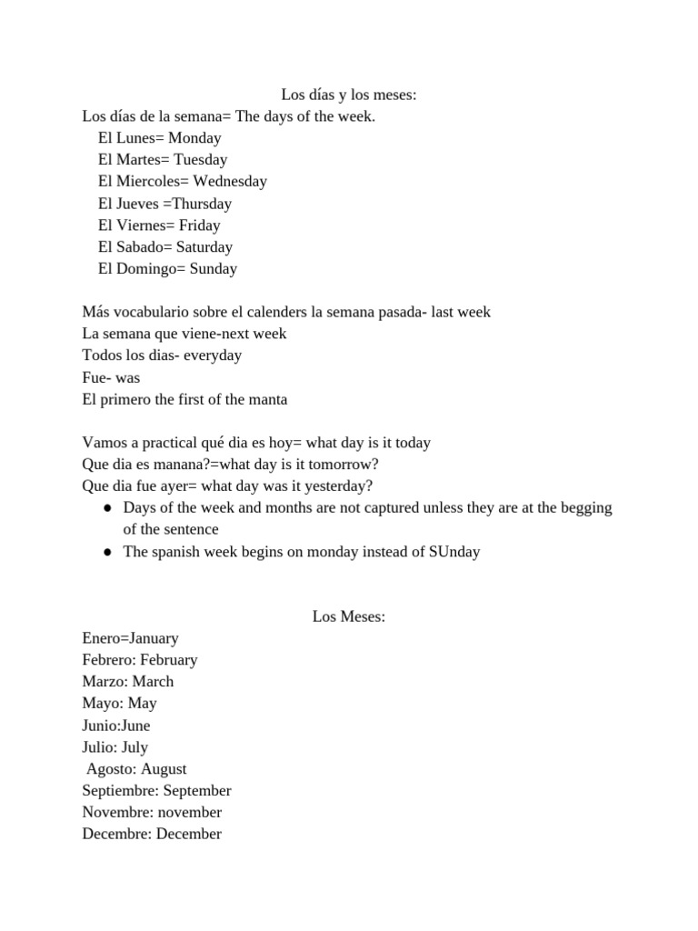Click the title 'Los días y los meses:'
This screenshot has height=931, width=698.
click(348, 95)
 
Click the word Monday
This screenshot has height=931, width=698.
click(194, 138)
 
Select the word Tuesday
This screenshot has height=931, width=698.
click(200, 160)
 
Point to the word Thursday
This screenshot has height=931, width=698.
click(201, 204)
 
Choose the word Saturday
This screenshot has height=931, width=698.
click(204, 247)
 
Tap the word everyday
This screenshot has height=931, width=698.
click(213, 355)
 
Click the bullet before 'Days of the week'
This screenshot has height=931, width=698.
click(107, 508)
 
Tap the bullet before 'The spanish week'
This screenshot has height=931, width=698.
click(107, 552)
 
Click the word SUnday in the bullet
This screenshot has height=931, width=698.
click(454, 552)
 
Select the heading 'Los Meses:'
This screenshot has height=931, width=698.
click(349, 616)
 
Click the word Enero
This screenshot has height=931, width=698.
click(102, 638)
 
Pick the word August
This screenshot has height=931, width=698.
click(164, 769)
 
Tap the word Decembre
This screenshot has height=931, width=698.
click(115, 834)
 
